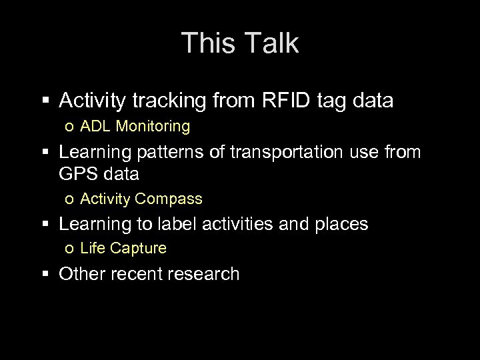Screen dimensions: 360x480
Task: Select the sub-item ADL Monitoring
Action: tap(135, 125)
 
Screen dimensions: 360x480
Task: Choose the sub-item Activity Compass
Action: tap(141, 199)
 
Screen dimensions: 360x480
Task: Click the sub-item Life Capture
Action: tap(123, 249)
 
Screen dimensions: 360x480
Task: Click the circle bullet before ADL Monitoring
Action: tap(69, 126)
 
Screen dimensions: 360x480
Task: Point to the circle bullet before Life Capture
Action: tap(69, 249)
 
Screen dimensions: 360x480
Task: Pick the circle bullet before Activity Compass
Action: tap(69, 199)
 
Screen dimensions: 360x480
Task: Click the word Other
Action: tap(81, 273)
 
